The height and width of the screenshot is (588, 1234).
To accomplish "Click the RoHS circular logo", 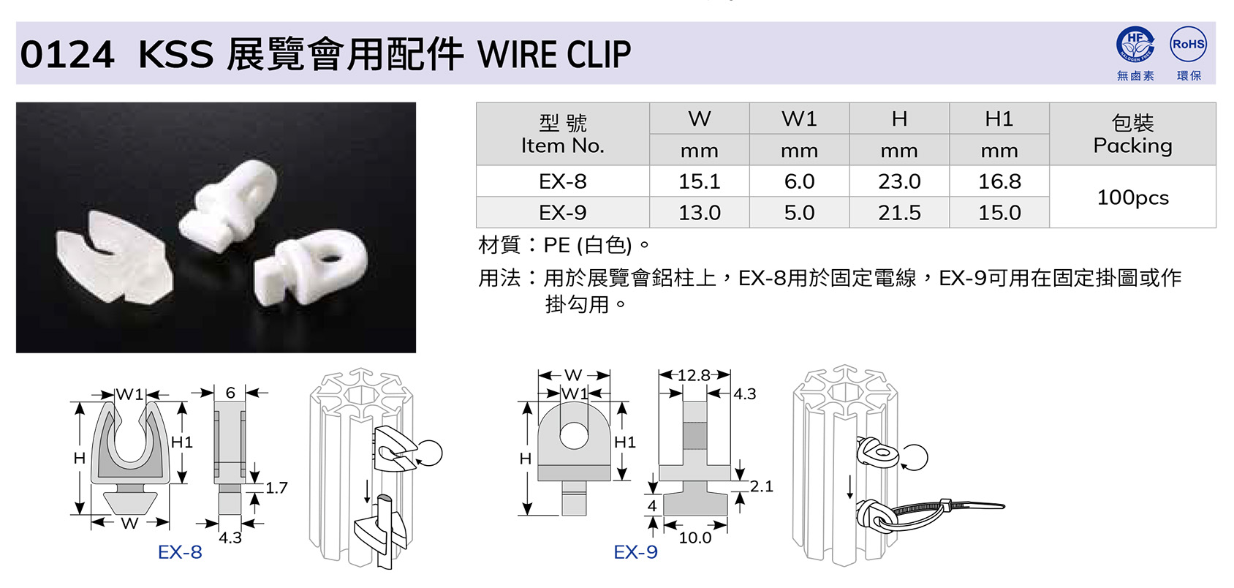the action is (1188, 44).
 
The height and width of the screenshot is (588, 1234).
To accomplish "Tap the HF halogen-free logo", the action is (1135, 44).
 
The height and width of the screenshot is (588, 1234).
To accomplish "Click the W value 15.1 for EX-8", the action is (699, 181).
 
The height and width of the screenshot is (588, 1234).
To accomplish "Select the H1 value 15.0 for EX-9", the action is (999, 213).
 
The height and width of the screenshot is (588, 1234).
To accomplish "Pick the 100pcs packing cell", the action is (1132, 197).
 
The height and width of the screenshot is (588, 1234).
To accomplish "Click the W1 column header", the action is (799, 118).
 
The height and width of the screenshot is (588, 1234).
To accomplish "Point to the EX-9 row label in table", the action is (562, 213).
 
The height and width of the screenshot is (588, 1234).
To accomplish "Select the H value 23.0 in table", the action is (899, 181).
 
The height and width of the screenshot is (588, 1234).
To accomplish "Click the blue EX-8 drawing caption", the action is (180, 551).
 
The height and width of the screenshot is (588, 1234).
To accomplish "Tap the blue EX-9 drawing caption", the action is (636, 551).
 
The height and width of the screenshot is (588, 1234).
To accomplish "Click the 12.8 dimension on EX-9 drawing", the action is (694, 375).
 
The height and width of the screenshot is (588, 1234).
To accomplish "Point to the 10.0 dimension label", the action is (695, 538).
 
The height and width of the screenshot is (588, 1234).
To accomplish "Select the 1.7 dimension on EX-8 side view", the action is (276, 488).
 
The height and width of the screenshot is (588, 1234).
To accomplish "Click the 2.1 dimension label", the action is (761, 486).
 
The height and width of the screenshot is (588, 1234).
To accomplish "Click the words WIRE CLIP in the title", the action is (554, 55).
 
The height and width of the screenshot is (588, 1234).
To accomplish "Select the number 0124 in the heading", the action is (67, 55).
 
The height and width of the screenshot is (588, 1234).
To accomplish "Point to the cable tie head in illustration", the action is (945, 505).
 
